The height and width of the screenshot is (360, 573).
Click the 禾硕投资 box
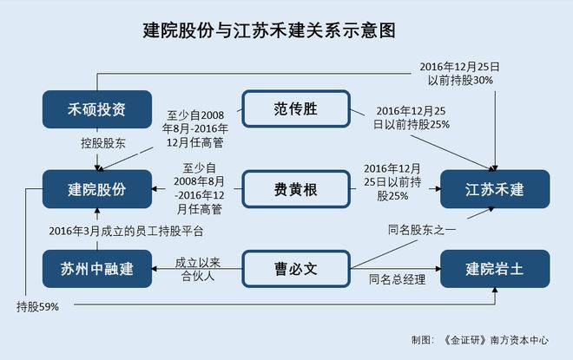pos(97,109)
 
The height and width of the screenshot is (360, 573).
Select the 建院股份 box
pos(97,188)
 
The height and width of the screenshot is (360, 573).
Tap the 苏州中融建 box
pos(97,267)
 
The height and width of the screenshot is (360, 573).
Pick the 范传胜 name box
pos(294,109)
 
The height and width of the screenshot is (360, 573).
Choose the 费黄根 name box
pos(294,188)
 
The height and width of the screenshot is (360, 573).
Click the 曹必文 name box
pos(294,267)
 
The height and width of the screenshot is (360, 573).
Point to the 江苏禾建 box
pos(494,188)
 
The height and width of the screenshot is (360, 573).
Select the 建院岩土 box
pos(494,267)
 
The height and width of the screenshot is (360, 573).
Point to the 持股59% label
pos(36,307)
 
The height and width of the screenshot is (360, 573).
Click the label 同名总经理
pos(395,279)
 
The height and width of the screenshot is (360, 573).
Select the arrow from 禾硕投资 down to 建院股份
pos(97,156)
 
